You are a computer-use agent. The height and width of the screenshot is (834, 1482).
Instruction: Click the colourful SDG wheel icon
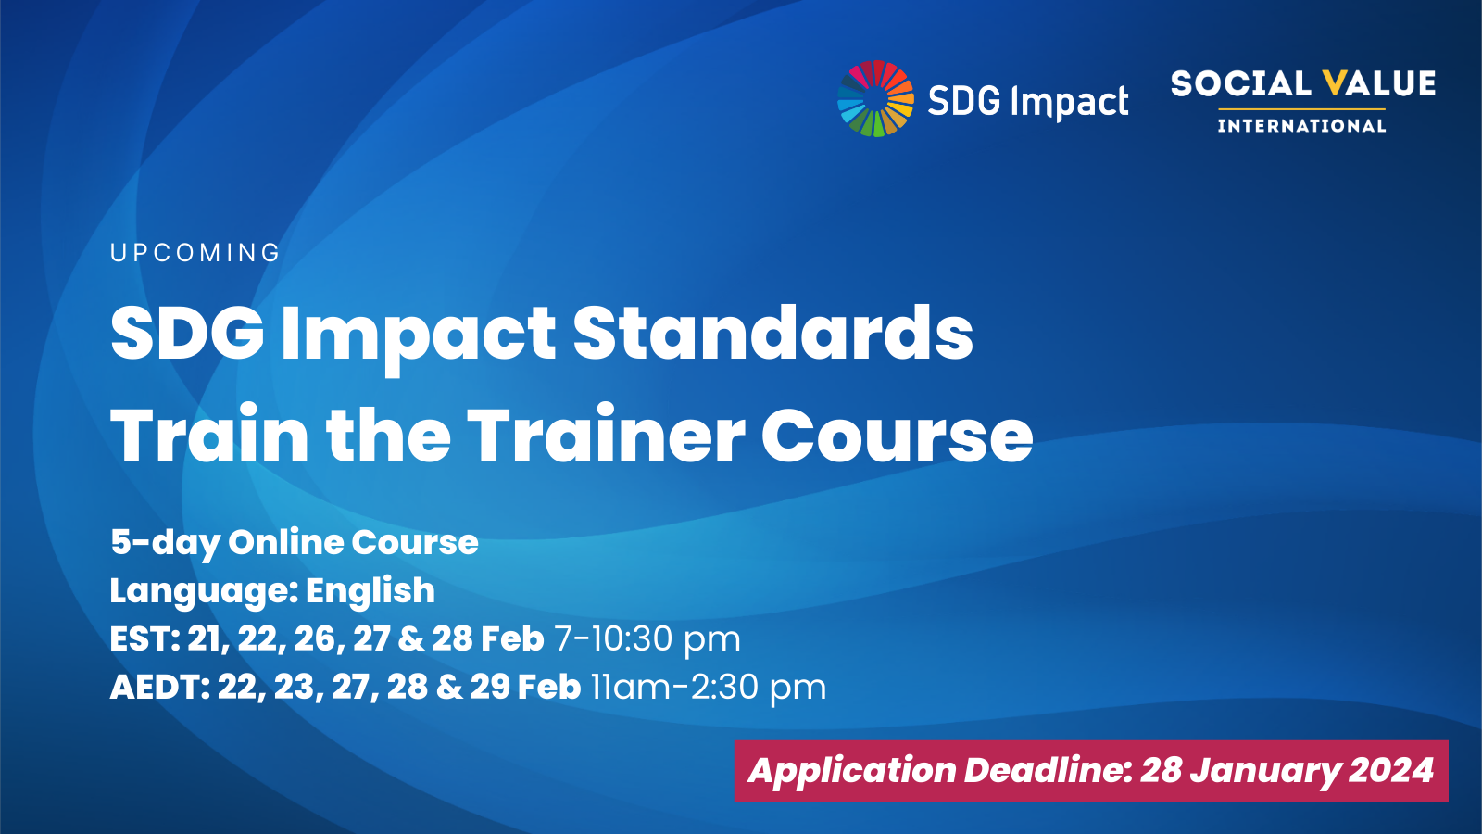[875, 99]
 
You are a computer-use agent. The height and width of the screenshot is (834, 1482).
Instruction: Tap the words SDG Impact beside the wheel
[1027, 101]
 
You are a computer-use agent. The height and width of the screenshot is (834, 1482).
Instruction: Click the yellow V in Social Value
[1334, 84]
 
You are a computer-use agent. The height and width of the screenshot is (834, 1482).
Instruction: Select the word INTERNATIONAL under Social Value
[1301, 126]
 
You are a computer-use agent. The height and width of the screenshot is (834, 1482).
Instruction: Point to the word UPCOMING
[195, 253]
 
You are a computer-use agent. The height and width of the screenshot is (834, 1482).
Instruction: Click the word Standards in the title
[772, 333]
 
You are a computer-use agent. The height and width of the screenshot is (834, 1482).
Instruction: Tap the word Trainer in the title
[606, 435]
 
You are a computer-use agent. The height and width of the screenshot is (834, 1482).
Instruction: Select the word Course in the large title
[897, 435]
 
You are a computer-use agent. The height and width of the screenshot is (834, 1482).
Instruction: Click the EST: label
[144, 638]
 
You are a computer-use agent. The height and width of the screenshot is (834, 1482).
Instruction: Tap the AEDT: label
[159, 687]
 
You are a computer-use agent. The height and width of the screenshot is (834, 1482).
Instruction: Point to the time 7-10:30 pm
[647, 638]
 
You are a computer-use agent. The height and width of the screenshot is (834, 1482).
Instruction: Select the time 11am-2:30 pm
[708, 687]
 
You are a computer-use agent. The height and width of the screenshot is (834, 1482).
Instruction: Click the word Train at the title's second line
[209, 435]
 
